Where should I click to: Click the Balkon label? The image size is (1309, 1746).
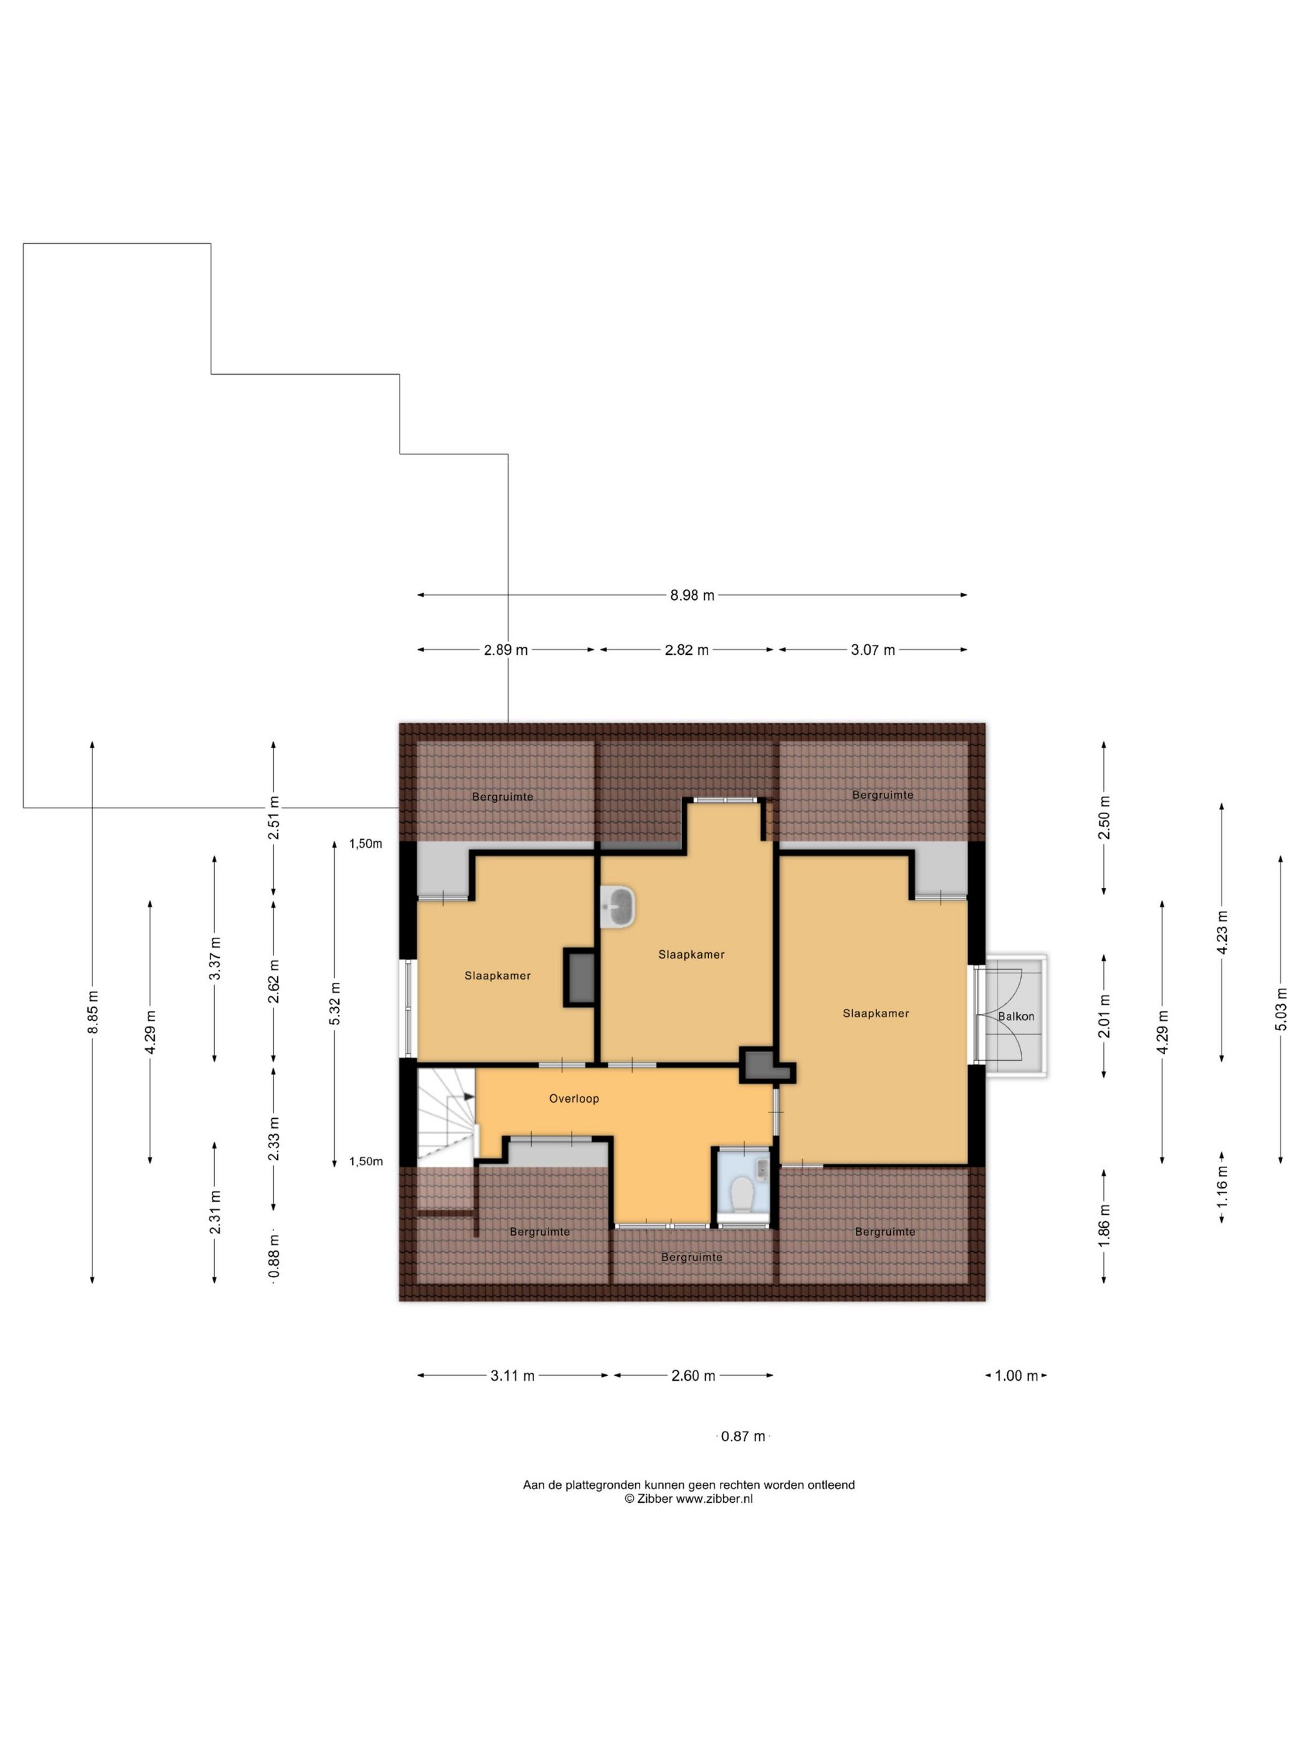click(x=1015, y=1016)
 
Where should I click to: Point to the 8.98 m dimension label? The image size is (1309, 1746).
click(x=692, y=595)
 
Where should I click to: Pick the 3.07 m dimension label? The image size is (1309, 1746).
click(x=873, y=650)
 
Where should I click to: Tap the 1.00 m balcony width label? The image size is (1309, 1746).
click(x=1015, y=1376)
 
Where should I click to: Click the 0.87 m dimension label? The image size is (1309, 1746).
click(x=742, y=1437)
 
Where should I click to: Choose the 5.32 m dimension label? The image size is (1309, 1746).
click(x=335, y=1004)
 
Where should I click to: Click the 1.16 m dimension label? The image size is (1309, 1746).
click(x=1222, y=1187)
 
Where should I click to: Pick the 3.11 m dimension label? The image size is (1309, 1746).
click(x=512, y=1376)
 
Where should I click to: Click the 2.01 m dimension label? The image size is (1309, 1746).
click(x=1104, y=1016)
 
